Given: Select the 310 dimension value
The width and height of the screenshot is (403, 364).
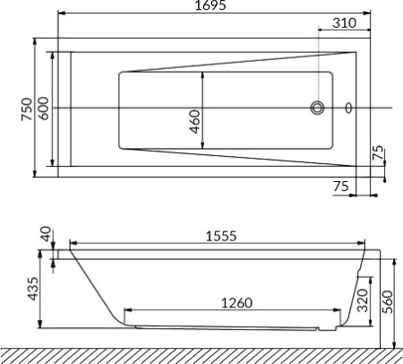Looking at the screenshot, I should tap(345, 23).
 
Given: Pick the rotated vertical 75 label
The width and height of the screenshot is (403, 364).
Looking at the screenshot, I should tap(379, 152).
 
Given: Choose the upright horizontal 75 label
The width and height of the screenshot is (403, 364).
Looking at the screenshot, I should tap(340, 186).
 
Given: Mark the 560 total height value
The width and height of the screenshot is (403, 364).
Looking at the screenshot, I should tap(386, 301).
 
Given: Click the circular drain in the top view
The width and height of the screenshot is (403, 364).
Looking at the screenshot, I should tap(318, 108).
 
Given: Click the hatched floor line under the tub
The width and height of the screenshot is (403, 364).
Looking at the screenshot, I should tap(201, 354).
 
